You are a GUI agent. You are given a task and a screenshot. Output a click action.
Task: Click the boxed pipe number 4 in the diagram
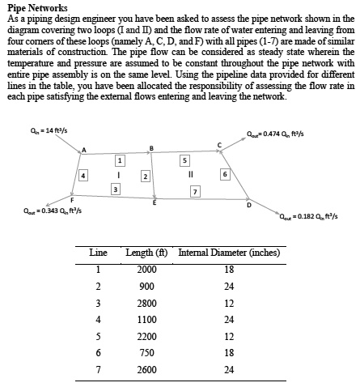click(x=85, y=174)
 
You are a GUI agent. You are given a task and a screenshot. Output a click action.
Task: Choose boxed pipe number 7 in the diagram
click(x=195, y=190)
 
